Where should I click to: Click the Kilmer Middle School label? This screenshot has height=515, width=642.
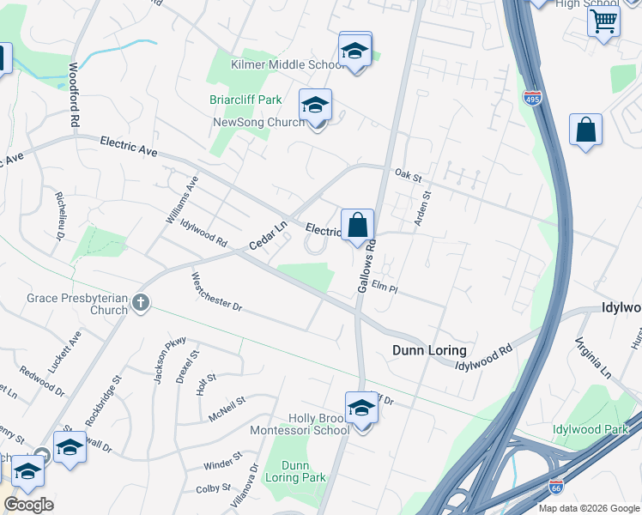(x=288, y=64)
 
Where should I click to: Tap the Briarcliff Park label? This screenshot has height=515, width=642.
(x=245, y=100)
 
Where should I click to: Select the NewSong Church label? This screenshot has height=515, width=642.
(x=257, y=123)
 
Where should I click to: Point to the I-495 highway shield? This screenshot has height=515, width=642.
(x=532, y=98)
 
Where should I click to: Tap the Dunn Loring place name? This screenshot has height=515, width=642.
(x=429, y=350)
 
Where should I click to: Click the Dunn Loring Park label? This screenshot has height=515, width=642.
(x=294, y=471)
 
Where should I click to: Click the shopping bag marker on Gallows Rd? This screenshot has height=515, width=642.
(x=358, y=226)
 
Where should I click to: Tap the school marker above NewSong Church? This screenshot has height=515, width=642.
(x=315, y=106)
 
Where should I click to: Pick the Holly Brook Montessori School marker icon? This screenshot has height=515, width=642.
(x=361, y=408)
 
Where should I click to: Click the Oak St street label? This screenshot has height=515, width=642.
(x=409, y=176)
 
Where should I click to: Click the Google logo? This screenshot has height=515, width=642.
(x=29, y=505)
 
